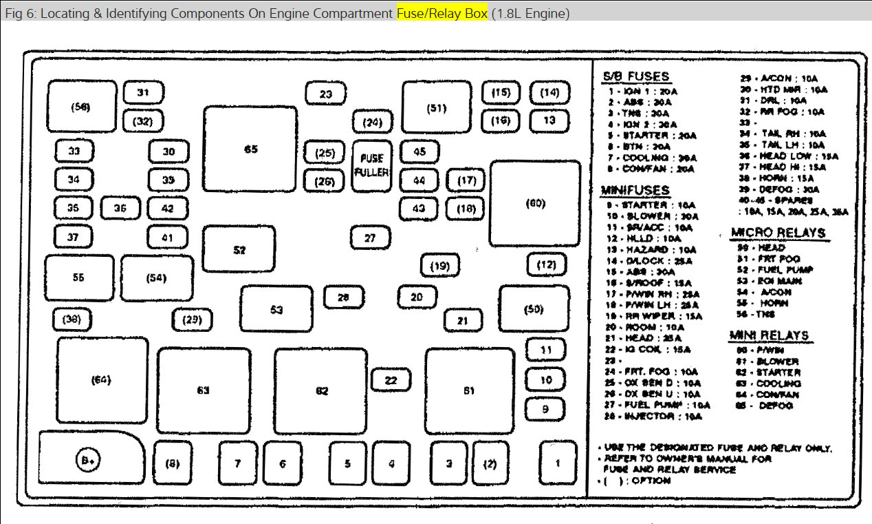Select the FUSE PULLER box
(371, 165)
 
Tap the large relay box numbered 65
(250, 149)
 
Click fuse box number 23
(326, 94)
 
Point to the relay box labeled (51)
(436, 107)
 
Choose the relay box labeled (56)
(81, 107)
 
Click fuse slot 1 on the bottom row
(557, 463)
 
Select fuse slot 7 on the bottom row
(237, 463)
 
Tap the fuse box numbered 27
(370, 238)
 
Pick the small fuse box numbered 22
(391, 380)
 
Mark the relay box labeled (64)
(102, 379)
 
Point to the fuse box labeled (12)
(547, 264)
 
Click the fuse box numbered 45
(419, 151)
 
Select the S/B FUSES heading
(635, 76)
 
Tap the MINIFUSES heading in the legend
(635, 189)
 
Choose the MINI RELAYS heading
(769, 336)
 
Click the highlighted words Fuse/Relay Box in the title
(442, 14)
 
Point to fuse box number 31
(143, 93)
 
